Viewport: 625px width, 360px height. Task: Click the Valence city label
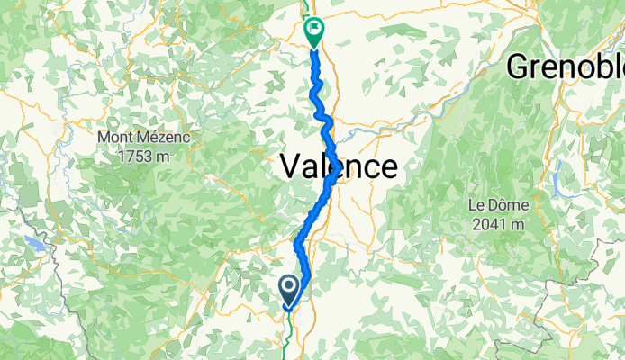click(x=338, y=166)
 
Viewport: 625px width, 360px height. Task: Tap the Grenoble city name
click(x=566, y=66)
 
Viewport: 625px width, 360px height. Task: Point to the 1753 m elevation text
click(x=137, y=156)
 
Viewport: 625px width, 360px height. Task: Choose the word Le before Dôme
click(x=476, y=204)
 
